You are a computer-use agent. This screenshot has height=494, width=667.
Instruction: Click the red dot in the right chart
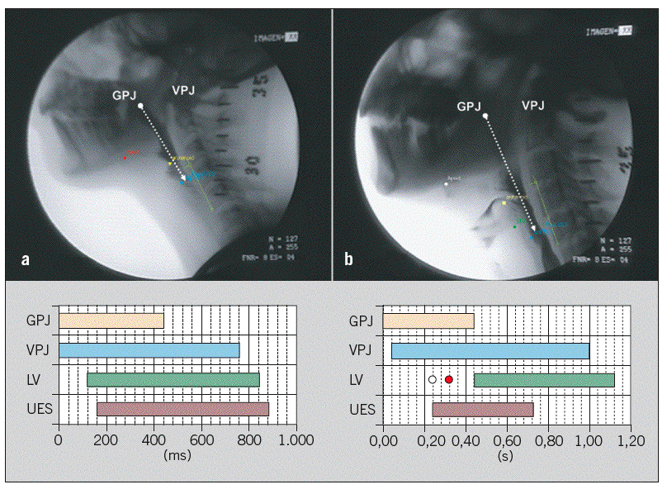pyautogui.click(x=448, y=379)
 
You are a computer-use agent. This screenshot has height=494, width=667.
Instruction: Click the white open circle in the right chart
pyautogui.click(x=432, y=379)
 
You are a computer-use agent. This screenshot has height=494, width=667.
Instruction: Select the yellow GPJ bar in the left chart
pyautogui.click(x=111, y=321)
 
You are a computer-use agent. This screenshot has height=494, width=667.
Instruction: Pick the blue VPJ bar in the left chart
pyautogui.click(x=149, y=350)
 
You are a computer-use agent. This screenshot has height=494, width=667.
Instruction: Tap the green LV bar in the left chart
pyautogui.click(x=173, y=379)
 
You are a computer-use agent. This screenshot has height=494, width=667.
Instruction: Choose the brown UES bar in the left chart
pyautogui.click(x=182, y=408)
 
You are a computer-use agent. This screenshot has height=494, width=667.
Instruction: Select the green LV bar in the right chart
pyautogui.click(x=544, y=379)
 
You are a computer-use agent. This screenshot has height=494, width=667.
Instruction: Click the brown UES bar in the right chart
pyautogui.click(x=483, y=408)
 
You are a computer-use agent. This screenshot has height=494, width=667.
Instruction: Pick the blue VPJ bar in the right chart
pyautogui.click(x=490, y=350)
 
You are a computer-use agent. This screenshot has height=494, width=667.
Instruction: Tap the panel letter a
pyautogui.click(x=26, y=259)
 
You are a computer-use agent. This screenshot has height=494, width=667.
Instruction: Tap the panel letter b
pyautogui.click(x=349, y=259)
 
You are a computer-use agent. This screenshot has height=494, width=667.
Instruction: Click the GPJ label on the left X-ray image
pyautogui.click(x=126, y=95)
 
